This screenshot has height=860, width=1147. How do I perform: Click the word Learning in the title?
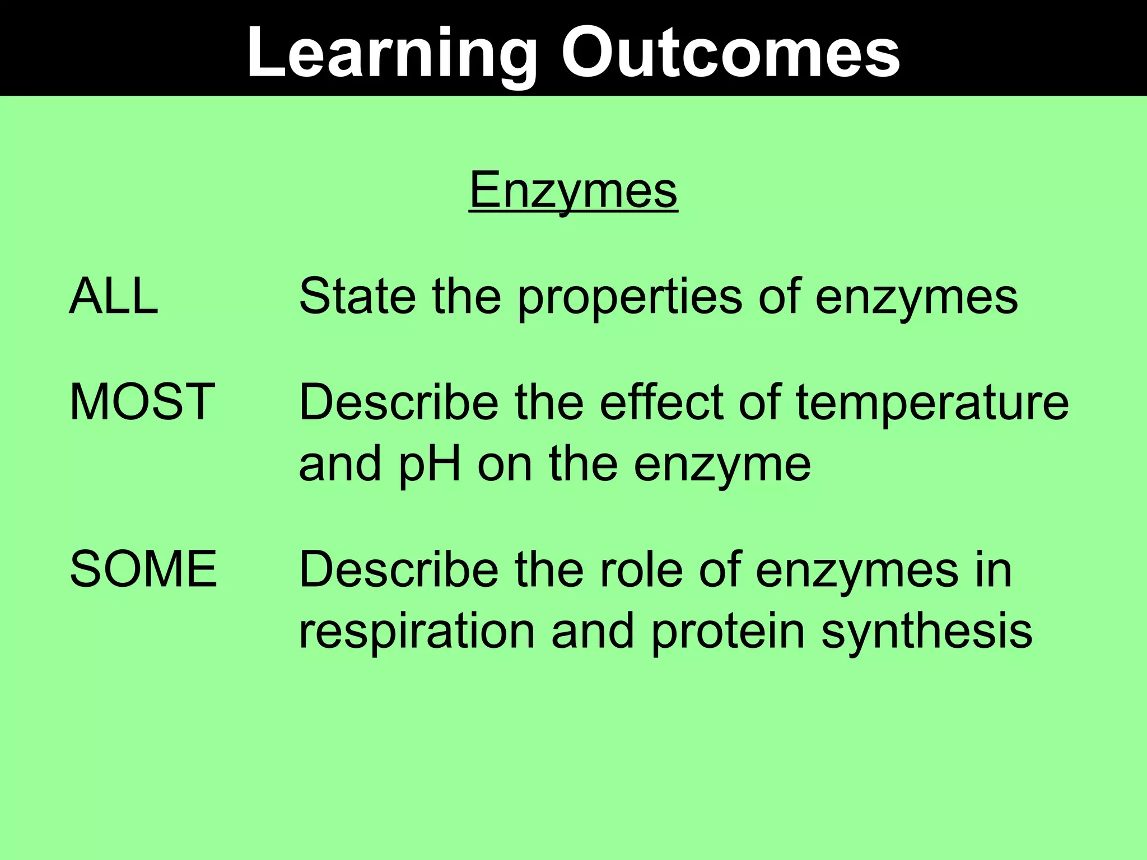pyautogui.click(x=392, y=53)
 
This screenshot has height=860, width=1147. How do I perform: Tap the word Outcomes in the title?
pyautogui.click(x=731, y=53)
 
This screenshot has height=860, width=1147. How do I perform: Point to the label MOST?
pyautogui.click(x=142, y=401)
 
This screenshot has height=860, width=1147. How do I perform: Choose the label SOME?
pyautogui.click(x=143, y=569)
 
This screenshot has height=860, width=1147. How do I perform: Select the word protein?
pyautogui.click(x=728, y=632)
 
